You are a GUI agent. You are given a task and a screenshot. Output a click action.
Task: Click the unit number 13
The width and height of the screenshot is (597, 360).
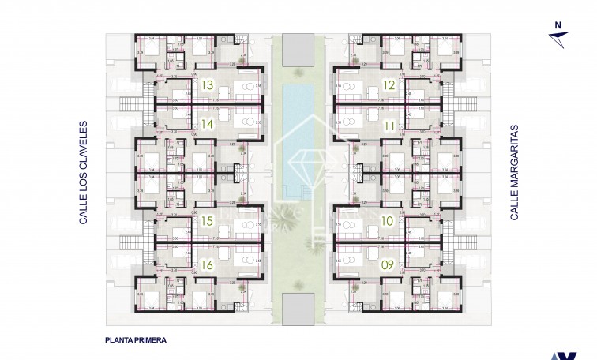click(208, 84)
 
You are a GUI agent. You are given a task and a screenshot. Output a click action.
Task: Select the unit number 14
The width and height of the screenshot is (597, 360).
click(208, 123)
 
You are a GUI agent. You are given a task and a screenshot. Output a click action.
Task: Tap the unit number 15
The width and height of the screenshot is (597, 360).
click(208, 223)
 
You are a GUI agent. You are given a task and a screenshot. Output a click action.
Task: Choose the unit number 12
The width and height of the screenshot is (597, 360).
click(389, 84)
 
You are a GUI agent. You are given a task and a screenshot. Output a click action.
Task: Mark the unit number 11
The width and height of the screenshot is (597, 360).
click(389, 125)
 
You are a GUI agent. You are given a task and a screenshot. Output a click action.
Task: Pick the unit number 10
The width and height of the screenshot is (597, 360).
click(389, 223)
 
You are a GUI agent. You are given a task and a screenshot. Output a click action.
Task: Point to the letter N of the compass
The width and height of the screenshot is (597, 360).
click(557, 25)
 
